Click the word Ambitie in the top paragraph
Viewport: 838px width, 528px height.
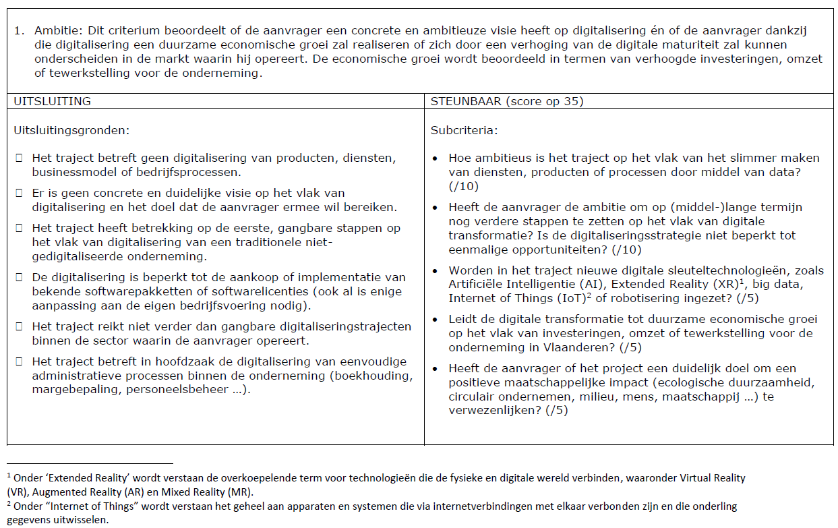54,31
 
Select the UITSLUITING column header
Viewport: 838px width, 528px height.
53,101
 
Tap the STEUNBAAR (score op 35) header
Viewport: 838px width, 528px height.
507,101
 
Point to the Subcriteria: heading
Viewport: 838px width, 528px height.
464,130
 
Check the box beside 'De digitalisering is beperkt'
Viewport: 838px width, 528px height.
19,278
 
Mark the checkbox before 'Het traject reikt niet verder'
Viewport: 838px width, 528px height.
19,326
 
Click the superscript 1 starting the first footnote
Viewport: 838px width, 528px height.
9,475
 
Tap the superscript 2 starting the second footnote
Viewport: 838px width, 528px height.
9,504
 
